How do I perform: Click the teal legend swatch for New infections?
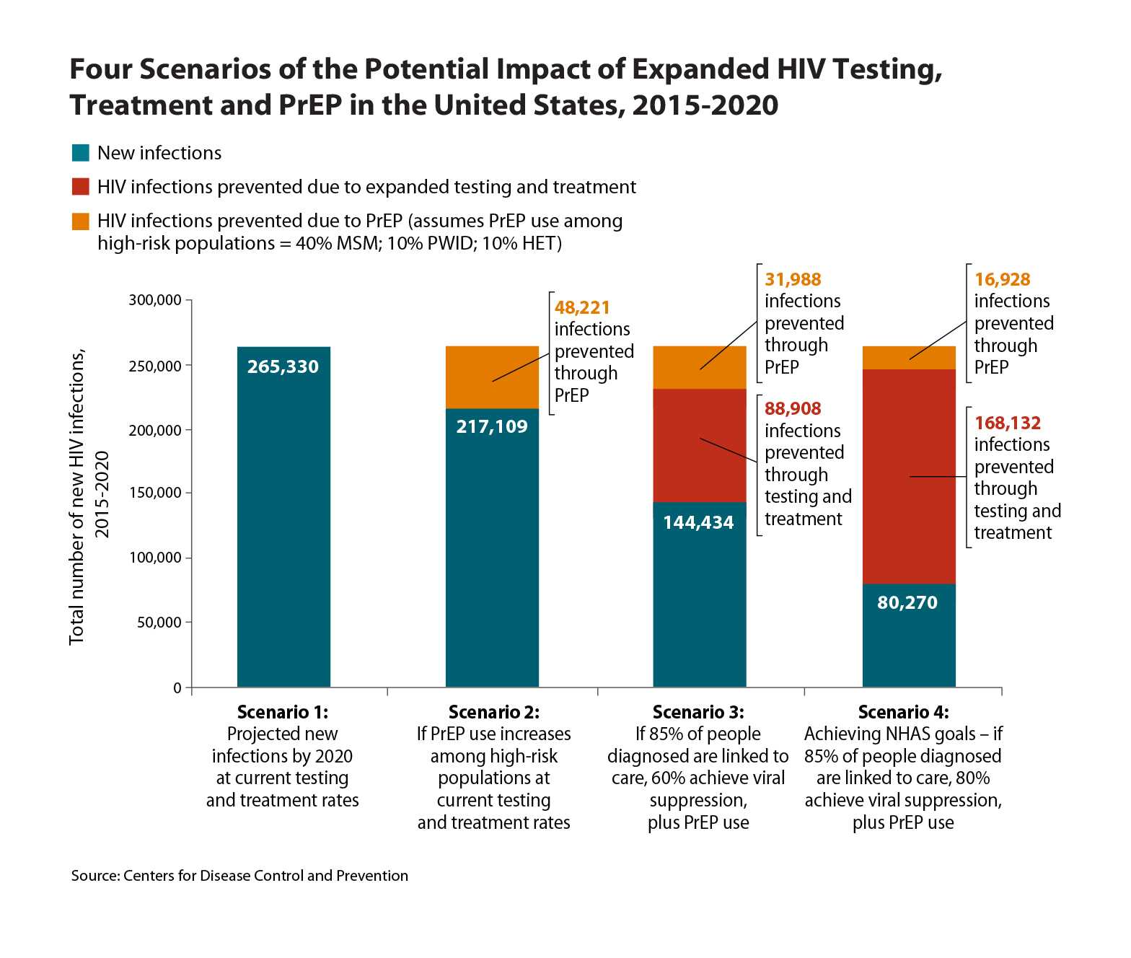80,153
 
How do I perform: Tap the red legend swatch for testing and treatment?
80,187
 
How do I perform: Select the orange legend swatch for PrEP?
80,221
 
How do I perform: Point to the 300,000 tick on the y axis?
155,300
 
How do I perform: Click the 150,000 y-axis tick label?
155,493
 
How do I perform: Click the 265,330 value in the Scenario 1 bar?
283,366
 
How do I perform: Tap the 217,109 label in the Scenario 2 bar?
492,426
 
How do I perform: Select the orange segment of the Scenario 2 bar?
492,377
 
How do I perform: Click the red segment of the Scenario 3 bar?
699,445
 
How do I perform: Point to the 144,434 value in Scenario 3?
698,522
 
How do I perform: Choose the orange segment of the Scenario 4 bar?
909,358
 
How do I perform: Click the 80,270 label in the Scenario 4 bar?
907,602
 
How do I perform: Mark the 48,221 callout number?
582,308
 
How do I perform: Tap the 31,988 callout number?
793,280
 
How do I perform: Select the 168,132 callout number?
1008,423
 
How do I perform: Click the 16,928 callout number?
1002,280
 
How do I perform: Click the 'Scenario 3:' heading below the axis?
697,713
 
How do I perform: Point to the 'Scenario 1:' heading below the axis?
282,713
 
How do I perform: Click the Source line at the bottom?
239,876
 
